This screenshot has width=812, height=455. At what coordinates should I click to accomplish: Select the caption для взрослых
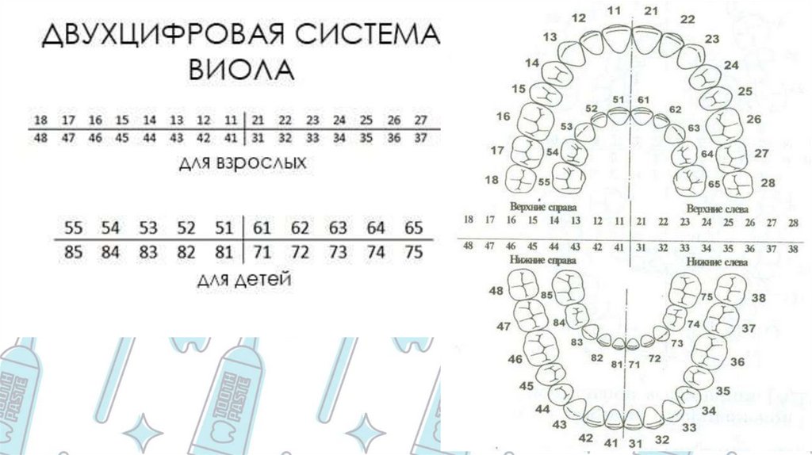click(x=242, y=163)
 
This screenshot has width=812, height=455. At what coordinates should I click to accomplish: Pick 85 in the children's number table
click(x=73, y=254)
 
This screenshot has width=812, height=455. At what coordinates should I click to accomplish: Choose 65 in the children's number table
click(x=413, y=229)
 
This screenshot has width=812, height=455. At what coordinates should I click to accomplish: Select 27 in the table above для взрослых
click(x=420, y=120)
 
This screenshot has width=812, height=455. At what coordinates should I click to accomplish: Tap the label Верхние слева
click(x=714, y=208)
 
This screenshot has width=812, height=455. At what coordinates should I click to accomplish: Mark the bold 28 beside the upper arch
click(x=767, y=183)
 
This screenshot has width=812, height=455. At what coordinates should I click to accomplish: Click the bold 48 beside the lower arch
click(x=496, y=292)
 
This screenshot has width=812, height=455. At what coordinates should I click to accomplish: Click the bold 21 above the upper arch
click(x=652, y=11)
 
